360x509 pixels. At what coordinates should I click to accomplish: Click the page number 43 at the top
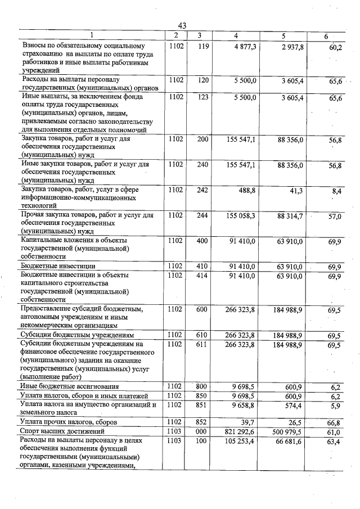pyautogui.click(x=182, y=26)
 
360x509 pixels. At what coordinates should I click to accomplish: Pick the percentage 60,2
pyautogui.click(x=335, y=47)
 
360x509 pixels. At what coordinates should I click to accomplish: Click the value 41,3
pyautogui.click(x=296, y=191)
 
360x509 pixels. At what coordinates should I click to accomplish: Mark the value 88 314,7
pyautogui.click(x=290, y=216)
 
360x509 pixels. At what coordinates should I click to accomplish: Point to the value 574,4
pyautogui.click(x=294, y=404)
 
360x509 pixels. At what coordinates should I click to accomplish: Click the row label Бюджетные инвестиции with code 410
pyautogui.click(x=57, y=266)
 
